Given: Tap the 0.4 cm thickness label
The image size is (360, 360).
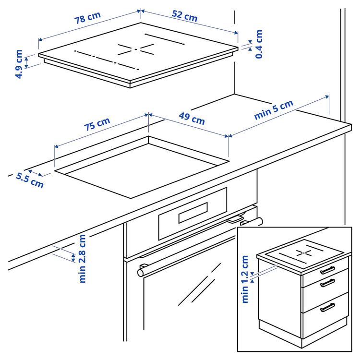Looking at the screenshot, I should [259, 44].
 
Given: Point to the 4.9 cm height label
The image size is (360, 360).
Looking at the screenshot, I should [19, 64].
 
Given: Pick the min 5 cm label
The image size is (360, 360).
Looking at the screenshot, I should [273, 110].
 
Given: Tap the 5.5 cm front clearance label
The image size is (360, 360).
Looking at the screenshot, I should [30, 180].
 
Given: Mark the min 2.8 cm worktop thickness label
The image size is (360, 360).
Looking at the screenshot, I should [82, 258].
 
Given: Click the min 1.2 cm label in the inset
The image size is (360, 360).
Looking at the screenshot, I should [245, 279].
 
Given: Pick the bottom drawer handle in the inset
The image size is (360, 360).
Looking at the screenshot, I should [328, 307].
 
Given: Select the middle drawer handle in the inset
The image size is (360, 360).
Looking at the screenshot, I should [328, 283].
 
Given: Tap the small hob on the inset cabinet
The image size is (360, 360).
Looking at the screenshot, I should [300, 256].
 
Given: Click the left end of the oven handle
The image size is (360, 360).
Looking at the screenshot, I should [141, 272].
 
